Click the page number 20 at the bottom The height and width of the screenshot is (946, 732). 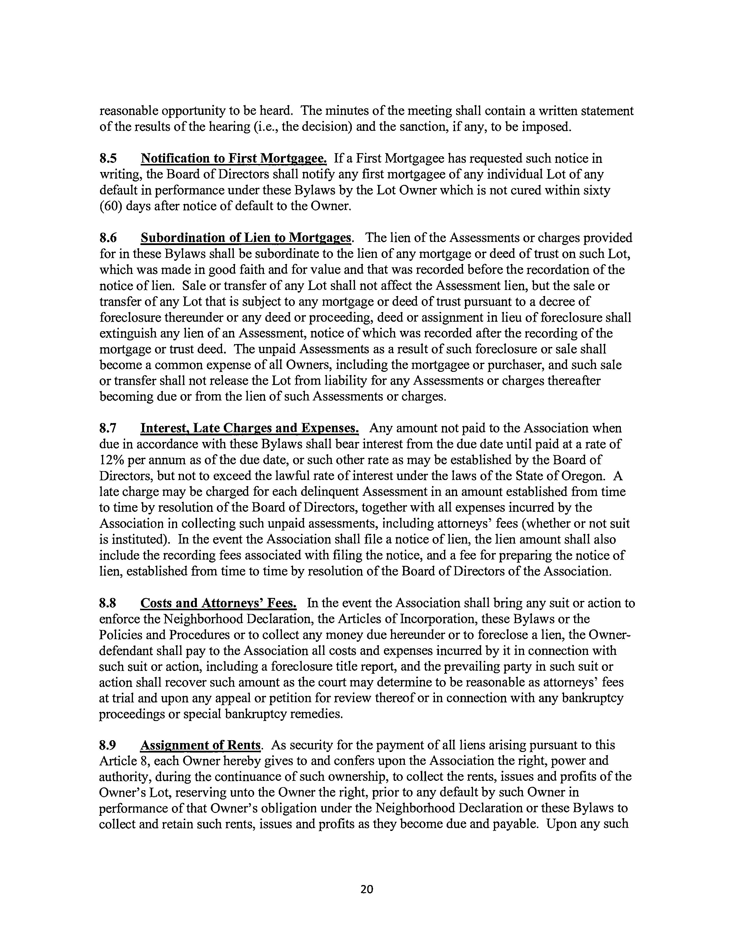point(366,889)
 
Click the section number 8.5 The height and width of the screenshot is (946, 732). point(108,159)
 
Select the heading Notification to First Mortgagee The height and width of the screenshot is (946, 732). point(234,159)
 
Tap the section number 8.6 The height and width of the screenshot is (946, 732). point(108,238)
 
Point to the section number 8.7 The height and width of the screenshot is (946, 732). point(108,428)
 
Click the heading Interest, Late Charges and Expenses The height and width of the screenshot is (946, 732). point(250,428)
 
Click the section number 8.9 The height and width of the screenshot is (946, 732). point(108,745)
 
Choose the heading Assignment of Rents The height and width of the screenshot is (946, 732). point(201,745)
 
